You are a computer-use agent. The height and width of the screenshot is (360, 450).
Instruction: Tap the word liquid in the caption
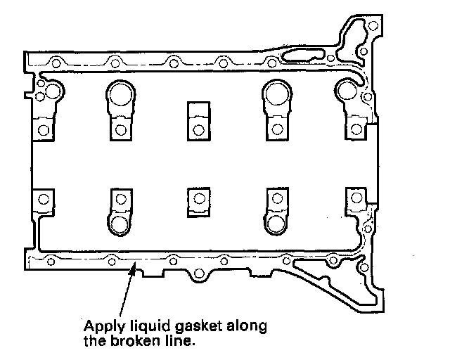(x=140, y=326)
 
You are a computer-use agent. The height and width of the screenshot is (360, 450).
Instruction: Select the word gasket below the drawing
(x=184, y=326)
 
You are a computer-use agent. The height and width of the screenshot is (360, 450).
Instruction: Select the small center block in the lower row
(x=198, y=200)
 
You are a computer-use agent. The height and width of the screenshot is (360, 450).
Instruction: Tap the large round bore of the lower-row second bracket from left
(x=120, y=224)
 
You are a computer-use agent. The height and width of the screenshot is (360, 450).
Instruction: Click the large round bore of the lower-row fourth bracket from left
(x=276, y=224)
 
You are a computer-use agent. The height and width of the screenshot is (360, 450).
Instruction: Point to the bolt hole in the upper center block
(x=198, y=129)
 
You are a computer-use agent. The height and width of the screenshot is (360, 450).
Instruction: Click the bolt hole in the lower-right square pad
(x=356, y=200)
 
